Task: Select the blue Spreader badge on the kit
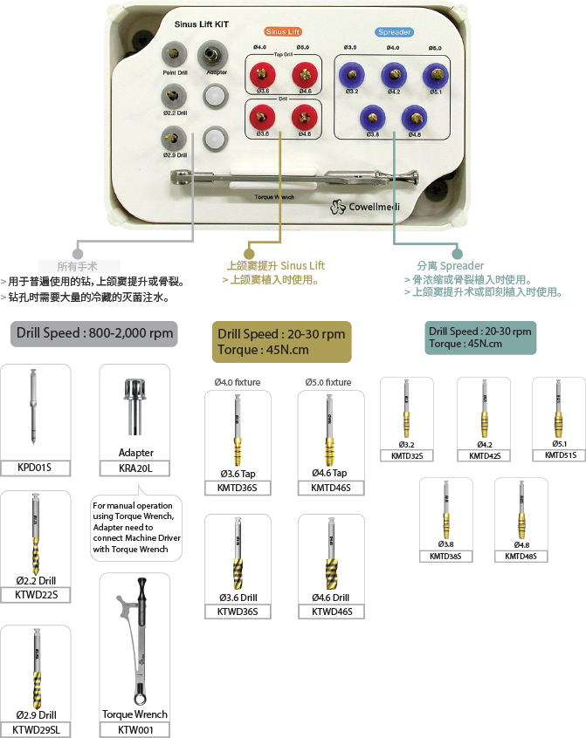point(394,32)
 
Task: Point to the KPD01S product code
point(34,468)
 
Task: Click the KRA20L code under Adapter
point(135,468)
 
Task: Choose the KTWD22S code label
point(35,595)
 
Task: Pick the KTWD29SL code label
point(37,729)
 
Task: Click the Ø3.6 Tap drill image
point(238,434)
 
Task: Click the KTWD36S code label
point(237,612)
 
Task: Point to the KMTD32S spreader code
point(406,455)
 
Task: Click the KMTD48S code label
point(521,556)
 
